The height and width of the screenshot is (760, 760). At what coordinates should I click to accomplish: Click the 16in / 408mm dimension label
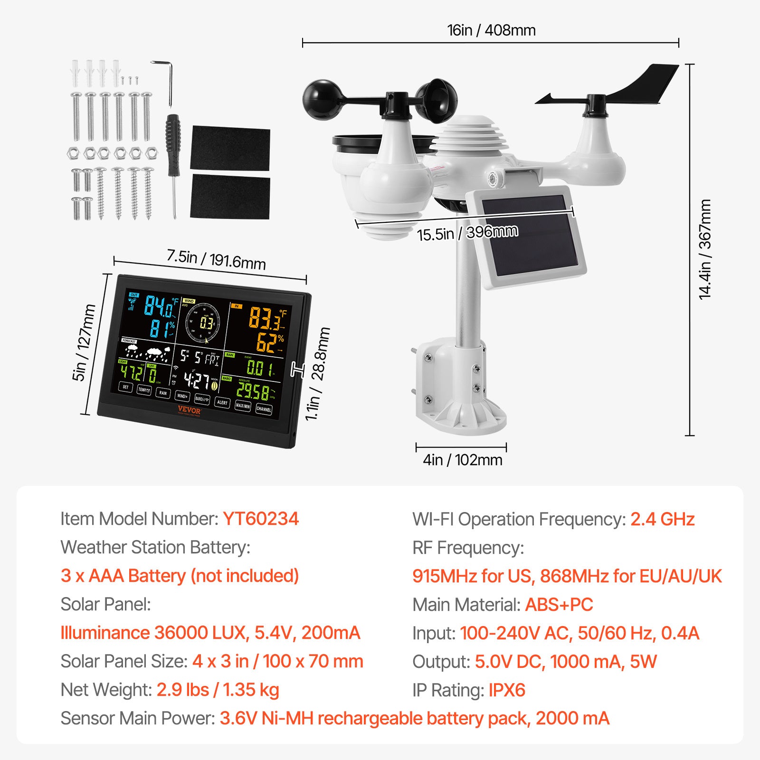coord(491,30)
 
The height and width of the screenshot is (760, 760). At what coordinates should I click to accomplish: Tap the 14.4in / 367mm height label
coord(705,249)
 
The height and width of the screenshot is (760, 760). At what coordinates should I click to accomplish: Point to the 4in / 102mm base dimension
coord(462,460)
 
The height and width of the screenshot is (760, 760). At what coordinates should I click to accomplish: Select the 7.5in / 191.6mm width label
coord(216,259)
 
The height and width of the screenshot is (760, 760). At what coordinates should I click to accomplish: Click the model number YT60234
coord(261,519)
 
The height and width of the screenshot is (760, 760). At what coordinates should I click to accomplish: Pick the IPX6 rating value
coord(507,690)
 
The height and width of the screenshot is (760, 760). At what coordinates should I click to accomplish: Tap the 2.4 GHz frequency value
coord(662,519)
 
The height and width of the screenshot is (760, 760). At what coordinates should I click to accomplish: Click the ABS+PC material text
coord(559,605)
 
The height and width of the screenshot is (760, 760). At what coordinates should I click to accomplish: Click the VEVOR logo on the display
coord(189,410)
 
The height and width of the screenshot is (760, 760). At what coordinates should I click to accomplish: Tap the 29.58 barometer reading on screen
coord(253,391)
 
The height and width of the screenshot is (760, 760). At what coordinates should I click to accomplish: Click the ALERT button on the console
coord(222,402)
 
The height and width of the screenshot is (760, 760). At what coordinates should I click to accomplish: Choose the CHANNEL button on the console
coord(264,409)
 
